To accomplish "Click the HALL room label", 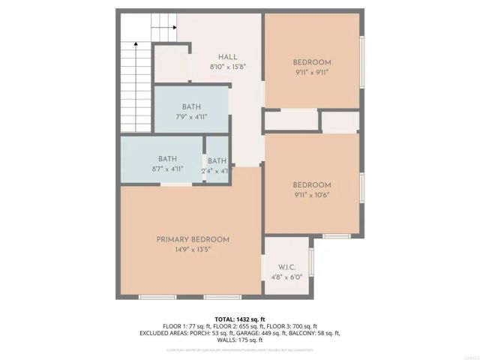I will (x=228, y=57).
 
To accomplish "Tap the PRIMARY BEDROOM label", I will (x=193, y=239).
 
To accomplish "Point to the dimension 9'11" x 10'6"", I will (x=311, y=195).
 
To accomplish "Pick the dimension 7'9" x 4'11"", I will (x=191, y=117).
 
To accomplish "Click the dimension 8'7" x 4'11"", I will (x=167, y=169).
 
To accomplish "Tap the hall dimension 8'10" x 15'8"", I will (x=228, y=67).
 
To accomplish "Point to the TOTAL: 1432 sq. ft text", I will (x=240, y=319).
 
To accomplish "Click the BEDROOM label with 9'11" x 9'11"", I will (x=311, y=62).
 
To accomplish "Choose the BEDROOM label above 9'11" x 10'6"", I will (x=311, y=185).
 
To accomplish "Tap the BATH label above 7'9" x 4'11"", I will (x=191, y=107).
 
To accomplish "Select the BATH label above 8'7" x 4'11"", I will (x=167, y=159).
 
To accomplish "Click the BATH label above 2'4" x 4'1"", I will (x=217, y=161).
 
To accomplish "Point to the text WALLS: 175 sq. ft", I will (x=240, y=340).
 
